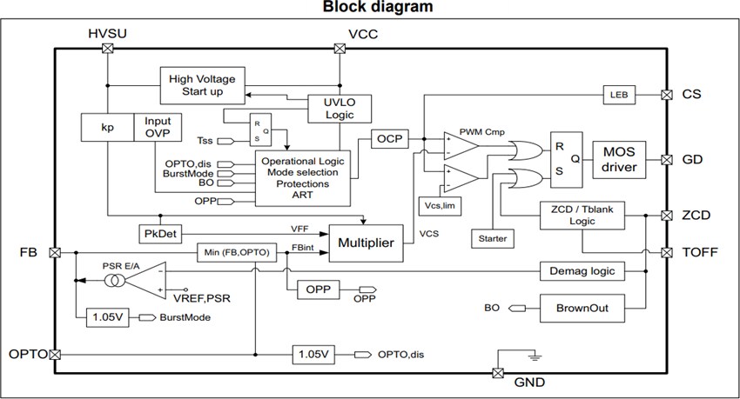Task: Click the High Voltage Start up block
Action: tap(203, 85)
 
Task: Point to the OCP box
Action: tap(386, 139)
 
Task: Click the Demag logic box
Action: tap(583, 270)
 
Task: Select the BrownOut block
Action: tap(583, 307)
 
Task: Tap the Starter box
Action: tap(491, 236)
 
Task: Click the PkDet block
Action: tap(158, 234)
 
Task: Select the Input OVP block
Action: tap(158, 127)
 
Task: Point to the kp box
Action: tap(107, 127)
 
